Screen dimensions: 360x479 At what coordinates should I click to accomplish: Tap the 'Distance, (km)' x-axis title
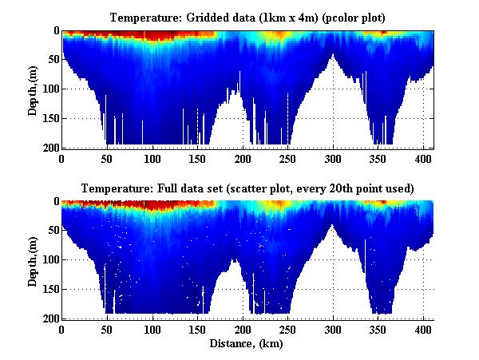[248, 344]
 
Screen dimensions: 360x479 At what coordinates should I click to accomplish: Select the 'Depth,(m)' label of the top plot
[33, 89]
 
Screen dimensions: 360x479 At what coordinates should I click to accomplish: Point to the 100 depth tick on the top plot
[49, 89]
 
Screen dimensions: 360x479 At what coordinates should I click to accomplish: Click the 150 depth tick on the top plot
[49, 118]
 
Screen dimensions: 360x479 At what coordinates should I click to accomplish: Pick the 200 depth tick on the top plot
[49, 148]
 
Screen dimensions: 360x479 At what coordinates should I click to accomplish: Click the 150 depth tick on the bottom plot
[49, 289]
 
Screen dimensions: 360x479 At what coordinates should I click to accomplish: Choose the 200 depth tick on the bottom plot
[49, 318]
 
